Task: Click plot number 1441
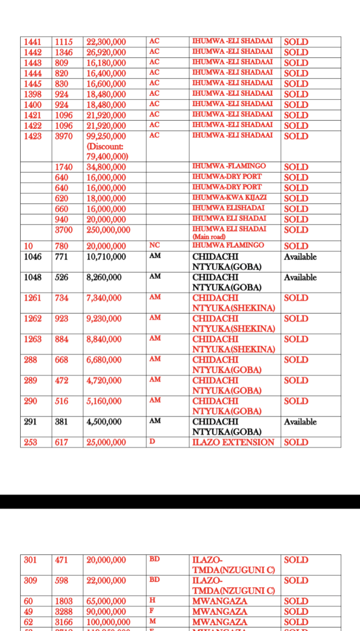pyautogui.click(x=32, y=42)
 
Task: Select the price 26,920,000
pyautogui.click(x=106, y=52)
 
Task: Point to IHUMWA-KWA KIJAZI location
pyautogui.click(x=229, y=198)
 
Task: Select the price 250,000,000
pyautogui.click(x=108, y=230)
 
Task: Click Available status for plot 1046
pyautogui.click(x=300, y=257)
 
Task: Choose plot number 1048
pyautogui.click(x=32, y=277)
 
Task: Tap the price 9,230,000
pyautogui.click(x=104, y=318)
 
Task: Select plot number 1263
pyautogui.click(x=32, y=339)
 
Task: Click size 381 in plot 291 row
pyautogui.click(x=61, y=422)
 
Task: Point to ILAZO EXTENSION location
pyautogui.click(x=233, y=442)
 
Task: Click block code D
pyautogui.click(x=152, y=441)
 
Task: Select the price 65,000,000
pyautogui.click(x=106, y=601)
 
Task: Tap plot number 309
pyautogui.click(x=31, y=580)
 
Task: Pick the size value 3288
pyautogui.click(x=63, y=612)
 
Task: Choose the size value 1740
pyautogui.click(x=63, y=167)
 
